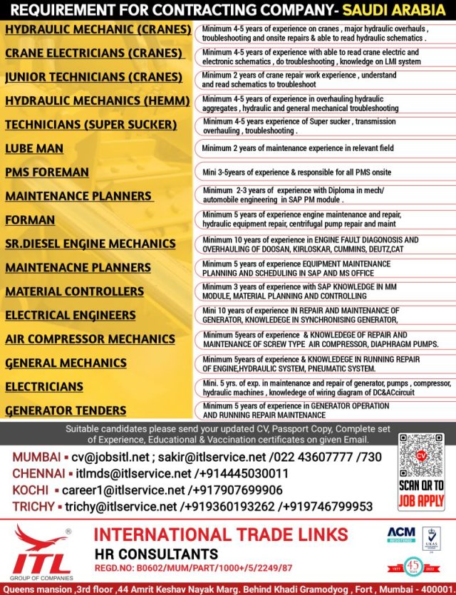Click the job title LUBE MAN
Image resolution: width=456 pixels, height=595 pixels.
coord(34,149)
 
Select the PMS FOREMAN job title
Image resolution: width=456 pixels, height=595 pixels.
coord(47,172)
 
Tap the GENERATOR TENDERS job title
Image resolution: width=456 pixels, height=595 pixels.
coord(66,410)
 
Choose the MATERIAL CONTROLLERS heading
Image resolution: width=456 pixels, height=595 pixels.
coord(75,291)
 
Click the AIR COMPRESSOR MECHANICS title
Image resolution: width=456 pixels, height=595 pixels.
coord(90,339)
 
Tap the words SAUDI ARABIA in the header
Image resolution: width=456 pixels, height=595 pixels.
coord(394,10)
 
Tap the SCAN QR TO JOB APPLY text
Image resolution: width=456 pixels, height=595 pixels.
coord(420,492)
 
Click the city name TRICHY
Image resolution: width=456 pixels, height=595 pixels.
coord(31,507)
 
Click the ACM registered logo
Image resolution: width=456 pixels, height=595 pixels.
coord(400,534)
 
